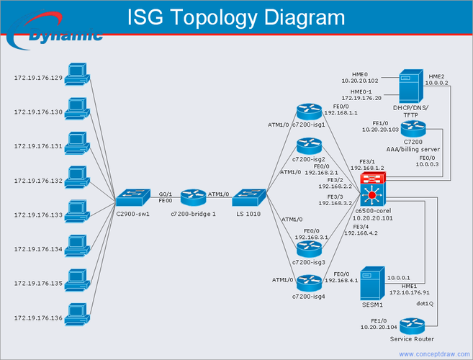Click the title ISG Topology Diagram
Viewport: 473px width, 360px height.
[235, 17]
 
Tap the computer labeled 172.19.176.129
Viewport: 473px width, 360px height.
[76, 73]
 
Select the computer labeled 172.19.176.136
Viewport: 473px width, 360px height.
[76, 314]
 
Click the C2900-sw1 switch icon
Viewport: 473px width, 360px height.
[132, 195]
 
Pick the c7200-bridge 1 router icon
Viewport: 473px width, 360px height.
[193, 195]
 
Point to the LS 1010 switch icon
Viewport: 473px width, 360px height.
[251, 195]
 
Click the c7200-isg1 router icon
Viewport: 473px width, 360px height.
[310, 111]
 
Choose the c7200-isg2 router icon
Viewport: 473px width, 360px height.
[310, 146]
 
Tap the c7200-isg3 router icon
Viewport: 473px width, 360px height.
[310, 249]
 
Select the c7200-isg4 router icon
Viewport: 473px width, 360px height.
[310, 284]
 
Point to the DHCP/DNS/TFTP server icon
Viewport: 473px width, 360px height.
[410, 86]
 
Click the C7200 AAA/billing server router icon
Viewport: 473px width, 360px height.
[413, 129]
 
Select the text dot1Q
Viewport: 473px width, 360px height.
[425, 303]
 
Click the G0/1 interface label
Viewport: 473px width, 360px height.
[165, 194]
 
